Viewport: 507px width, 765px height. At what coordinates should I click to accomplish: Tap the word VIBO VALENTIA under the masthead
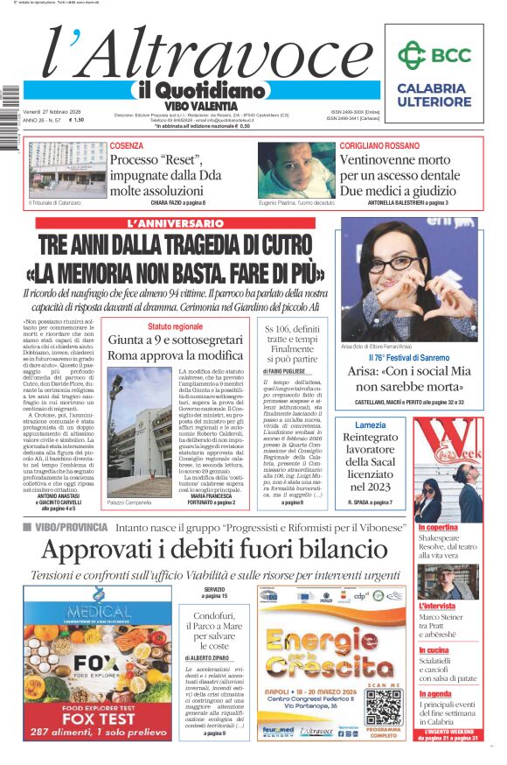point(200,105)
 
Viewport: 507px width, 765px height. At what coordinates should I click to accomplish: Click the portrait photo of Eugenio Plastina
point(295,169)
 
